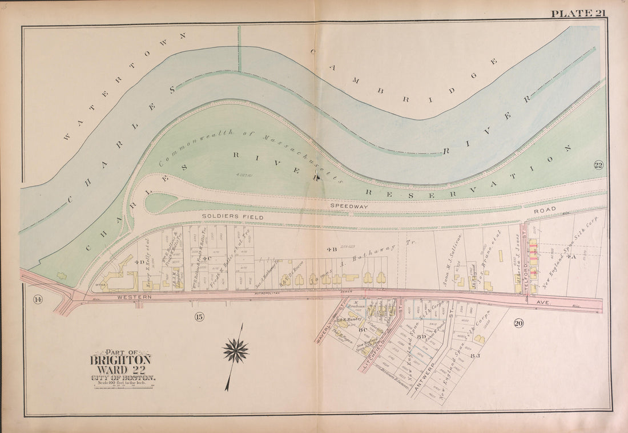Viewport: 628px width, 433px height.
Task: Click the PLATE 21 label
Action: click(578, 13)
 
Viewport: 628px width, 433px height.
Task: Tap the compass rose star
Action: click(236, 350)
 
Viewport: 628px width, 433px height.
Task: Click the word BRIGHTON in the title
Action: click(120, 360)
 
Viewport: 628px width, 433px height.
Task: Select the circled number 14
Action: click(38, 301)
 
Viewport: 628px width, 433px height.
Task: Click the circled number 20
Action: click(518, 323)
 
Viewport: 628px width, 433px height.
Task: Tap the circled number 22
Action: click(598, 165)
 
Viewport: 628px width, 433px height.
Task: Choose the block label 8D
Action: click(421, 337)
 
